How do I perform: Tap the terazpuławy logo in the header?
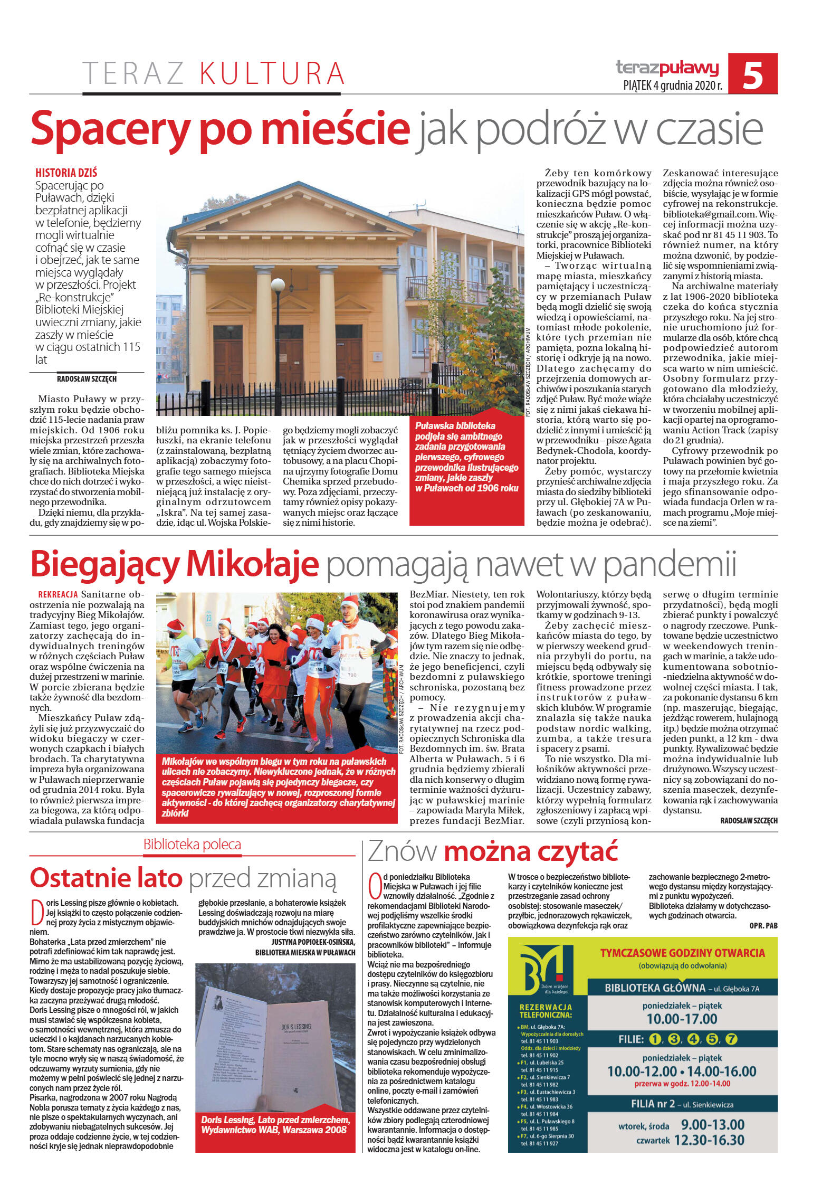667,68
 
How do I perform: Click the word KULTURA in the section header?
272,73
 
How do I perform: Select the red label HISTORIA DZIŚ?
66,173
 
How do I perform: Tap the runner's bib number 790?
351,675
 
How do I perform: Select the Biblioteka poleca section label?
192,844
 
